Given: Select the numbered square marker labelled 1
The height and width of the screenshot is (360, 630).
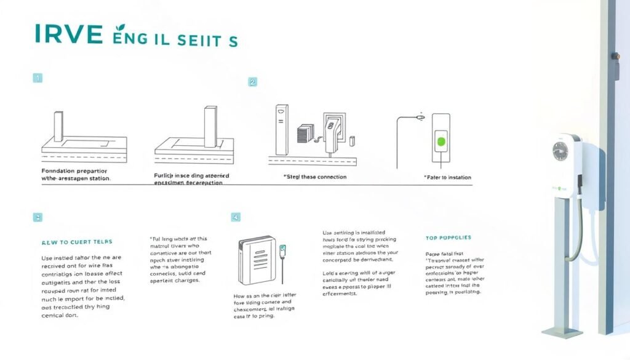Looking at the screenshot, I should (38, 78).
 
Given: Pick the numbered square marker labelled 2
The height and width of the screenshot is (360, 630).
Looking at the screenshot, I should (252, 81).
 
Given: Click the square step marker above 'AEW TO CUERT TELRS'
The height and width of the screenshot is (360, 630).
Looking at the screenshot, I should (38, 217).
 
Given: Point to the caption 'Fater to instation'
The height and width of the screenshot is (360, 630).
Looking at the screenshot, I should (448, 177).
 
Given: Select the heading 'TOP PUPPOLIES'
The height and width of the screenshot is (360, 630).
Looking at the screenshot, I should (448, 238).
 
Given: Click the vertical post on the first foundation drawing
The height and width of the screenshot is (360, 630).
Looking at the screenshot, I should (58, 127).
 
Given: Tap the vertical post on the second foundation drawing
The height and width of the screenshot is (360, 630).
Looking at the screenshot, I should (209, 126).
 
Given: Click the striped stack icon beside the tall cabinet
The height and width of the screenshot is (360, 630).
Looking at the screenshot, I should (306, 134).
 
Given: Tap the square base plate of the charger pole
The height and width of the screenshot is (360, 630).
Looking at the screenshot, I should (562, 332).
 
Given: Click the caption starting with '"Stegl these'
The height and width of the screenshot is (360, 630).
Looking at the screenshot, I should (315, 177).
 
